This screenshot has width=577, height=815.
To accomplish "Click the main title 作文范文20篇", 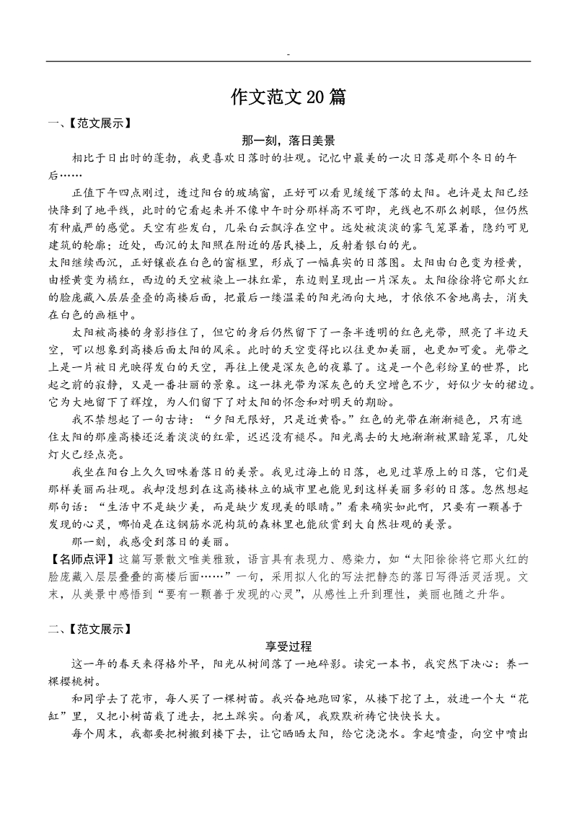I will pos(288,97).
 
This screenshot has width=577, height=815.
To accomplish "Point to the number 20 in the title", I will pos(317,97).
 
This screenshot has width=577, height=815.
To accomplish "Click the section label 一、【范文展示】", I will pos(89,123).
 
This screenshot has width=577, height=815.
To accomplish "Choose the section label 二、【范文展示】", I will pos(89,629).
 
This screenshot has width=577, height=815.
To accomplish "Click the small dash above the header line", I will pos(288,54).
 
